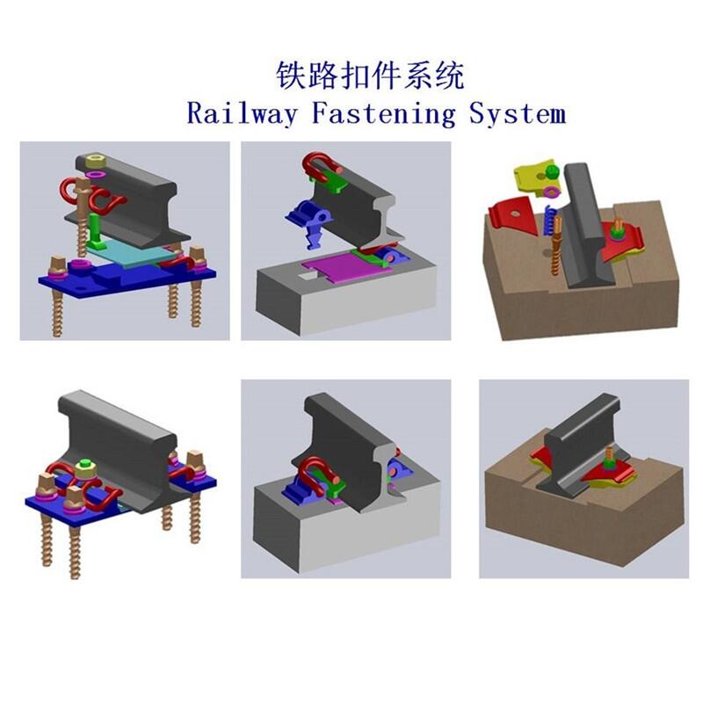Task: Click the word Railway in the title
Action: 243,112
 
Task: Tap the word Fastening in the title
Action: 383,113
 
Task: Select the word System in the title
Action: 518,113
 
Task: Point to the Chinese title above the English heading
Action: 370,76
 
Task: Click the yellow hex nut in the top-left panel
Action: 95,160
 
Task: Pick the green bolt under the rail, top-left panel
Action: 95,231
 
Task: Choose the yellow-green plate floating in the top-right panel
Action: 536,178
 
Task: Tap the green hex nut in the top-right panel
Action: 552,171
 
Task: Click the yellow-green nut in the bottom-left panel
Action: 85,469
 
